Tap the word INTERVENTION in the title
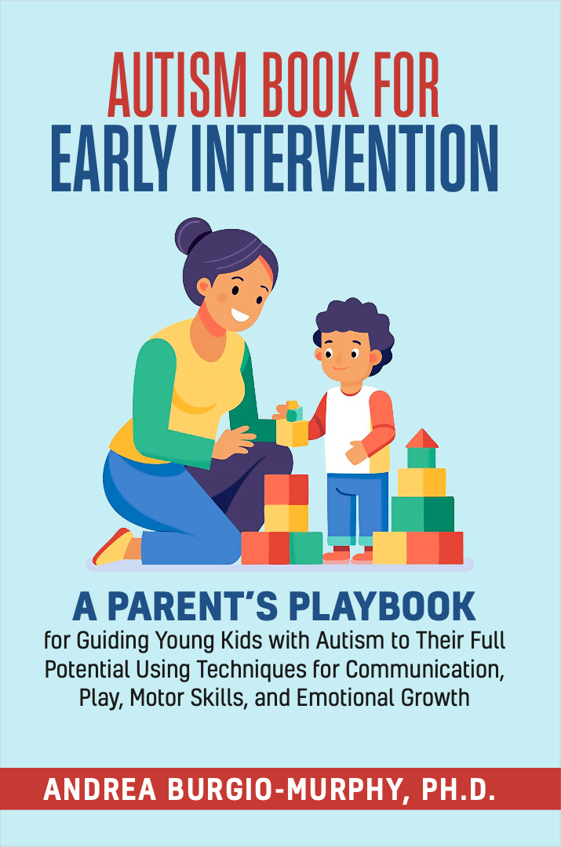click(344, 158)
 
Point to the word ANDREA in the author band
click(100, 790)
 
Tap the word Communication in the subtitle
click(425, 669)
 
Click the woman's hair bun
click(192, 235)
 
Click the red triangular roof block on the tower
click(422, 438)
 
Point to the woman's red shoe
click(112, 547)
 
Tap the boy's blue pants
click(357, 505)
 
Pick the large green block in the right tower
click(423, 514)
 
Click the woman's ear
click(204, 287)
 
